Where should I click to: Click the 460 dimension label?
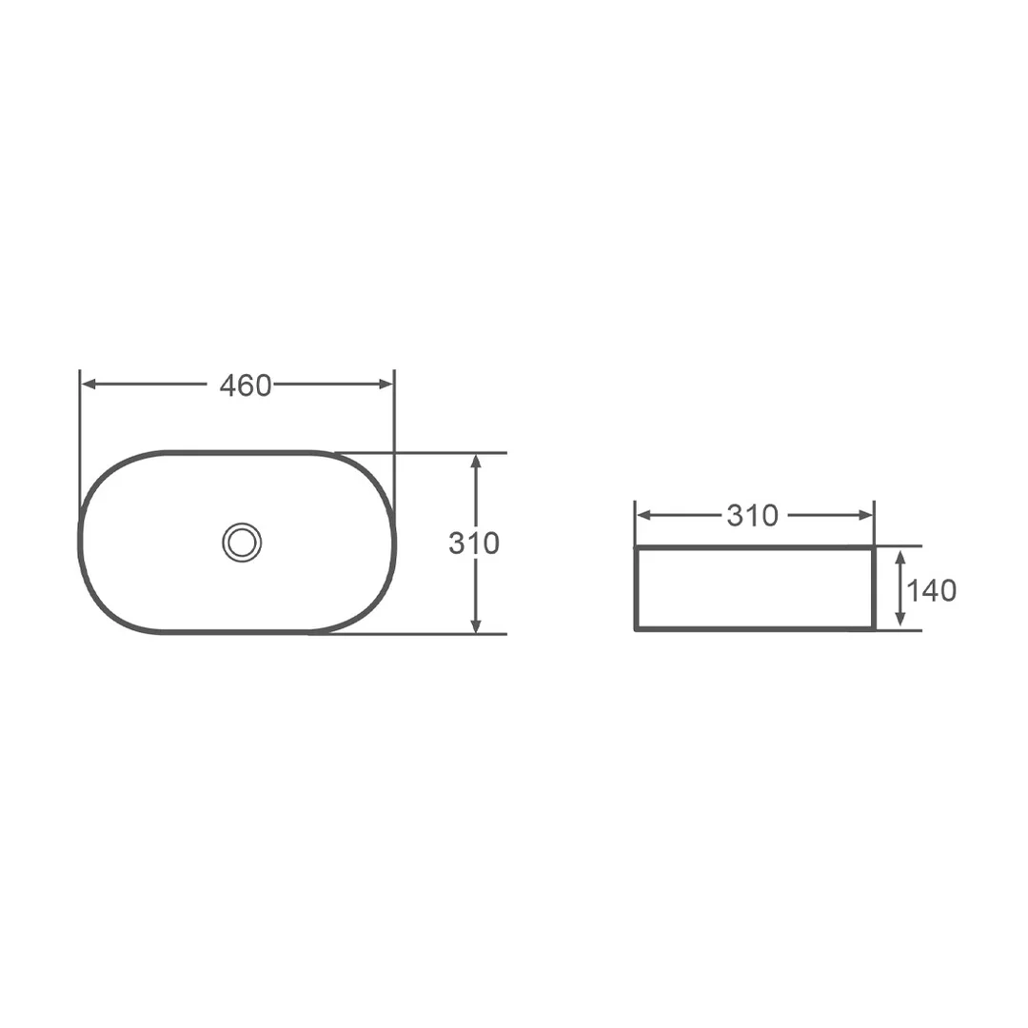pos(246,385)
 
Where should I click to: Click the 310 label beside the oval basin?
pos(474,543)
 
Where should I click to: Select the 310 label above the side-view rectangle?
pos(753,516)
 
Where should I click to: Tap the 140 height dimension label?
pos(932,591)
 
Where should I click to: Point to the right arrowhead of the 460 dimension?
pos(386,384)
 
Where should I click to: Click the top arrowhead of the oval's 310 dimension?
pos(476,461)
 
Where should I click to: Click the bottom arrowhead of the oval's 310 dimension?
pos(476,625)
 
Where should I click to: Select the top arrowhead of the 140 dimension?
pos(900,557)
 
